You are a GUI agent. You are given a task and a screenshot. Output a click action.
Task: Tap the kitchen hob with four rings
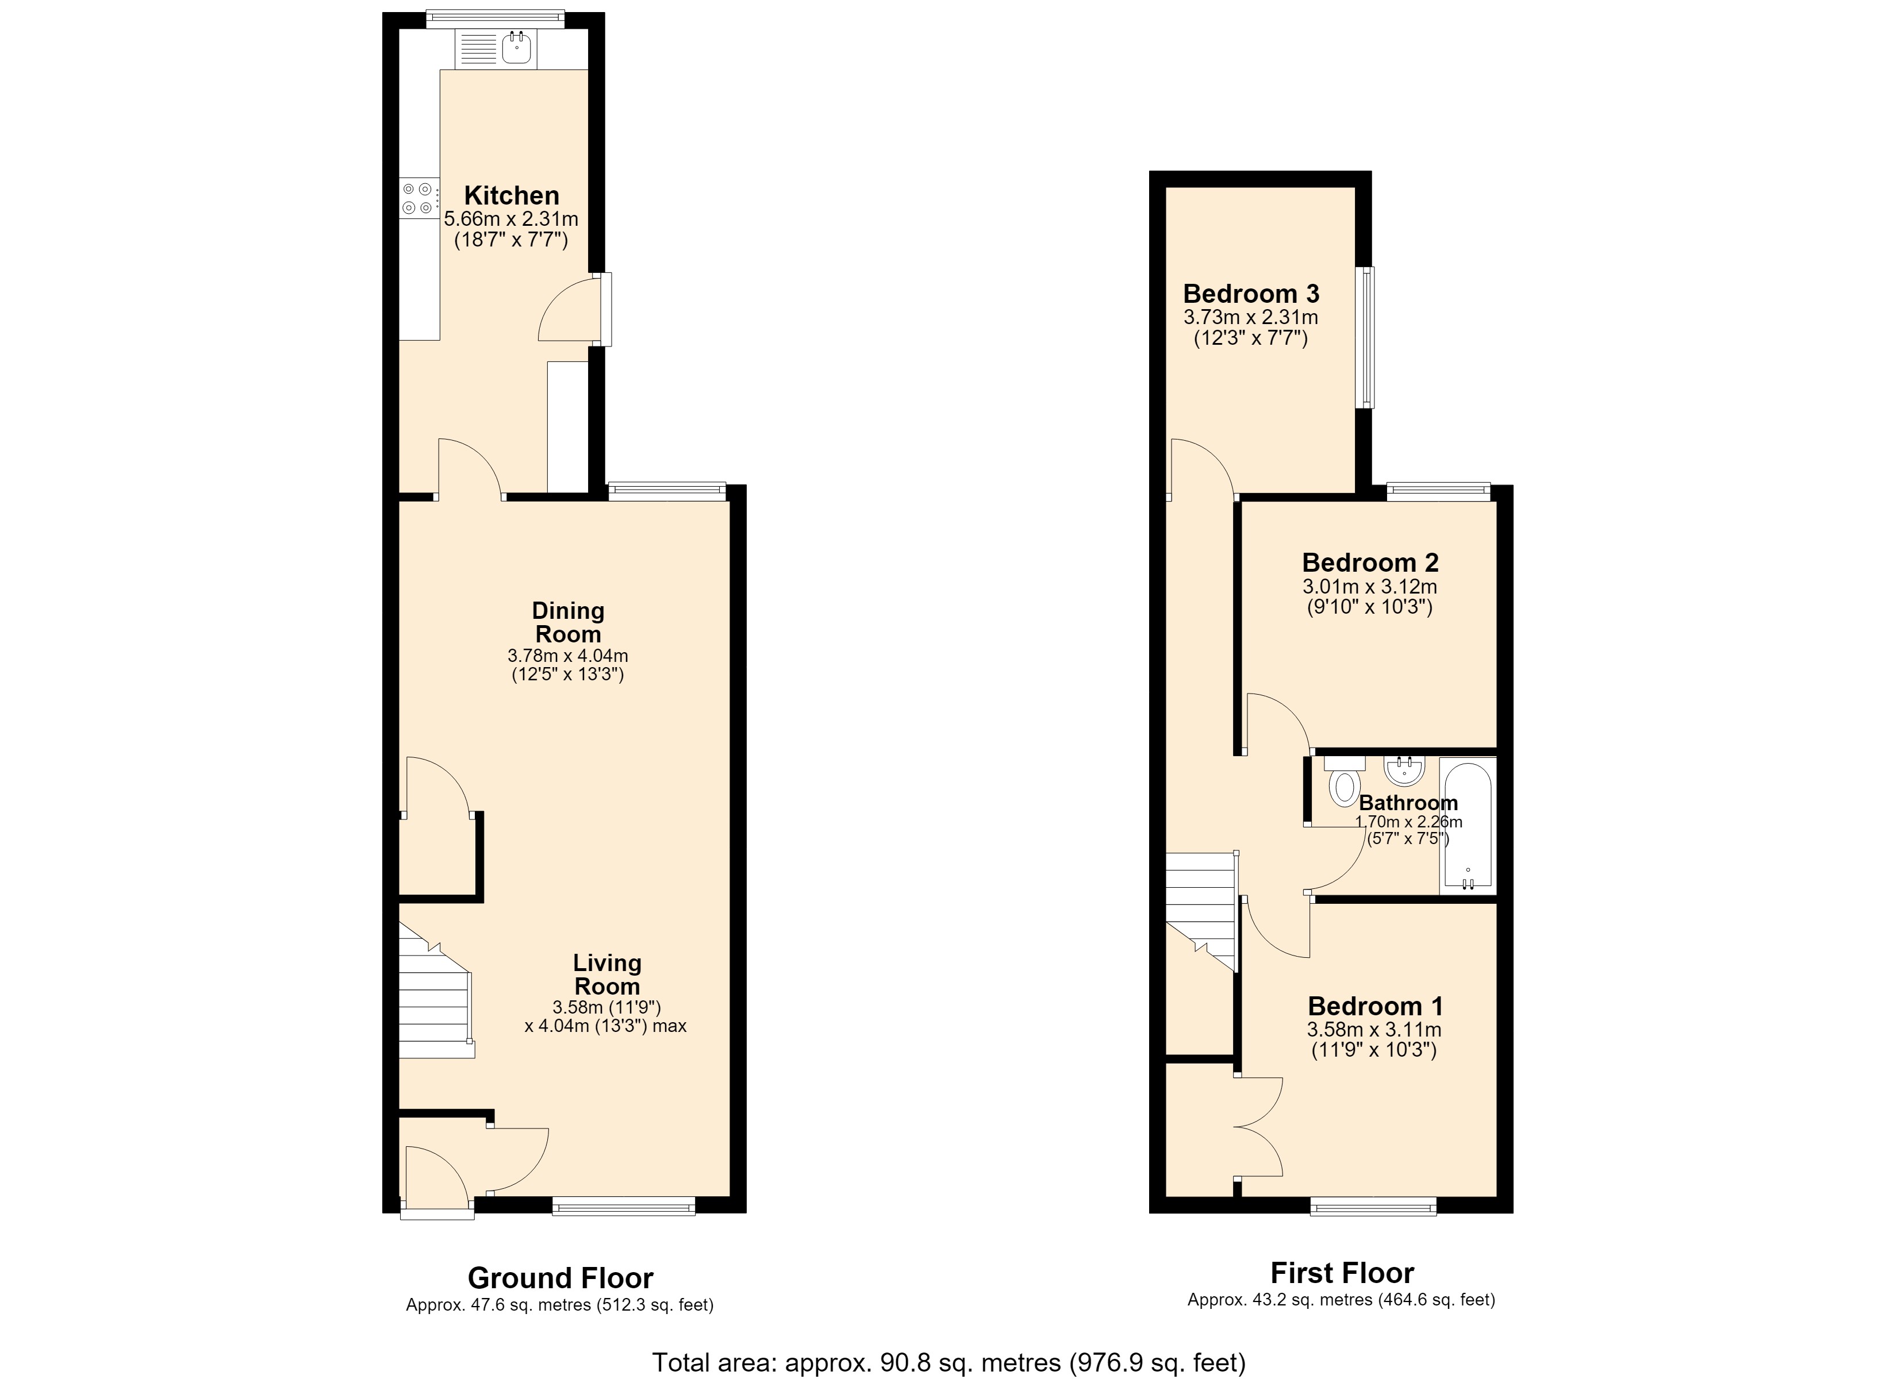click(x=419, y=198)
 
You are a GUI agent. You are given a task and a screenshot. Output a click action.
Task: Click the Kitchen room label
click(x=512, y=196)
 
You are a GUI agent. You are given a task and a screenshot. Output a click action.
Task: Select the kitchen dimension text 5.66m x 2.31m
click(x=511, y=219)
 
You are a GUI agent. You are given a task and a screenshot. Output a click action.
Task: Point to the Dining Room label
click(x=568, y=622)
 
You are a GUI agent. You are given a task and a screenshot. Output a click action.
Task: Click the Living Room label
click(x=607, y=974)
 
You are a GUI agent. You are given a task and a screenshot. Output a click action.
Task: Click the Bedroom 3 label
click(x=1251, y=294)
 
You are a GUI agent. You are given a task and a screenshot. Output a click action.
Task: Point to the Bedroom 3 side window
click(x=1365, y=337)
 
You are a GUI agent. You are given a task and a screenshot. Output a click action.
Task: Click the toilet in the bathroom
click(x=1344, y=780)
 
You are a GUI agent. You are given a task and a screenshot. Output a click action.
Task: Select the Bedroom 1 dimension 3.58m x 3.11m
click(x=1374, y=1030)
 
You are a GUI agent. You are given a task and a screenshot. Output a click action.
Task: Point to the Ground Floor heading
click(x=560, y=1278)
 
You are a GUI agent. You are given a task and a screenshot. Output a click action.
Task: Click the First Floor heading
click(x=1342, y=1273)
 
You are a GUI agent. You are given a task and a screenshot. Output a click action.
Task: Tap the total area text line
click(x=948, y=1362)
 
